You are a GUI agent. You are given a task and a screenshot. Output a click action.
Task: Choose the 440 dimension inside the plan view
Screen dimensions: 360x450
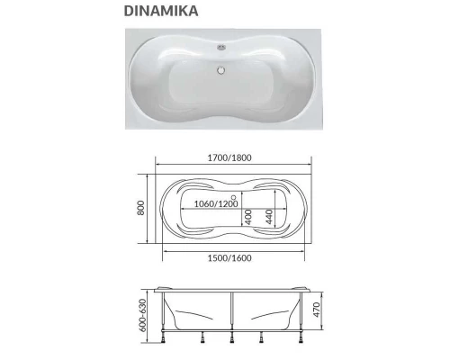[x=268, y=217]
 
